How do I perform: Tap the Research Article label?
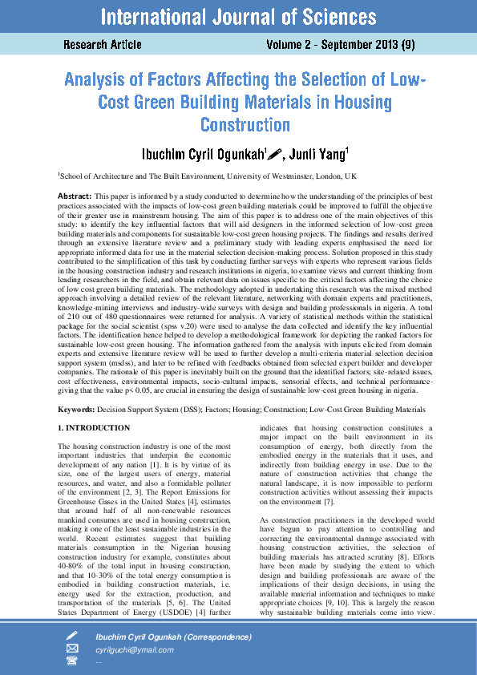click(x=103, y=45)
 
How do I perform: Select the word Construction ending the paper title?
click(x=245, y=125)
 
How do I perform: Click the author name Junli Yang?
click(x=321, y=154)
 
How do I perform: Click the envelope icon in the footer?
click(x=72, y=649)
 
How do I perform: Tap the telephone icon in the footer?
click(x=72, y=661)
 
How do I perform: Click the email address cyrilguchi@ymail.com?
click(x=134, y=650)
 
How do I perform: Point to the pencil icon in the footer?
click(x=72, y=636)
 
